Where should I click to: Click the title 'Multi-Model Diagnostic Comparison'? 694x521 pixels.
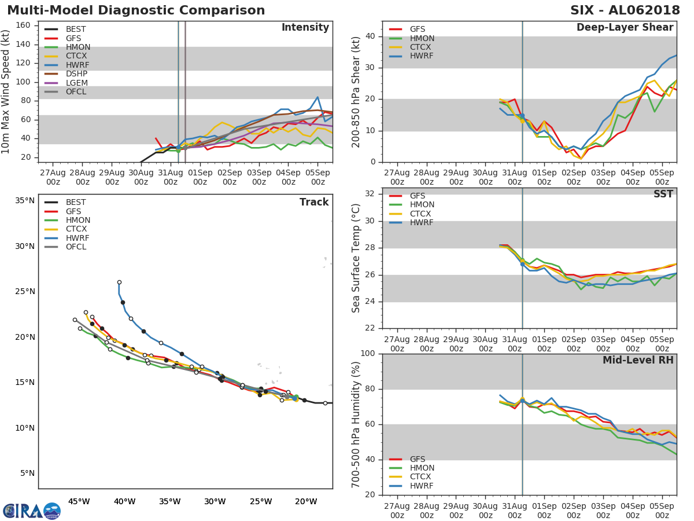coord(136,11)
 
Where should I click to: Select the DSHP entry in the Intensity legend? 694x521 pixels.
coord(76,74)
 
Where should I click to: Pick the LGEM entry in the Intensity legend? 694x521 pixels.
coord(76,83)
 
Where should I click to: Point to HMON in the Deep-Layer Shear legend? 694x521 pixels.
coord(422,38)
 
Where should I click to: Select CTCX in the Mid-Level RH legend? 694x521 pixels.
coord(422,477)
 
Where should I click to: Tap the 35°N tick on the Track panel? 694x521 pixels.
coord(24,201)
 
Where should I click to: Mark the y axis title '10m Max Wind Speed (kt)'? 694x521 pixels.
coord(6,93)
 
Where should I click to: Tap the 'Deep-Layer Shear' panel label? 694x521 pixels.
coord(625,28)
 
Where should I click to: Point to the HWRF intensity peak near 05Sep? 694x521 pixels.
coord(318,97)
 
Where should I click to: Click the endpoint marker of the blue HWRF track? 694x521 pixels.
coord(119,282)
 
